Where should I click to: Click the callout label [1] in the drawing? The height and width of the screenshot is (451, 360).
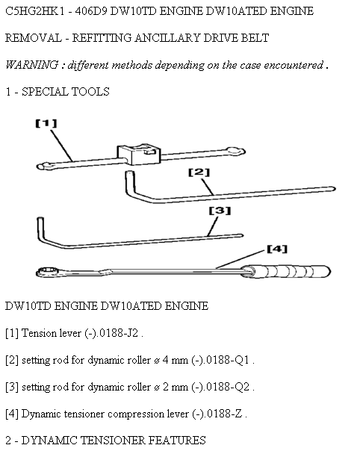click(46, 123)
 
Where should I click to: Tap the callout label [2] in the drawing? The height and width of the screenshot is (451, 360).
click(199, 172)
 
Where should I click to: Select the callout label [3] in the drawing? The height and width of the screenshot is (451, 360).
click(220, 211)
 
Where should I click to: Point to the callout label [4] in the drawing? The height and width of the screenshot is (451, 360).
click(277, 249)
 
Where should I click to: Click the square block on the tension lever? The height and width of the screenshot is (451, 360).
click(138, 154)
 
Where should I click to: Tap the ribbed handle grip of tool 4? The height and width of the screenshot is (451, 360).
click(287, 272)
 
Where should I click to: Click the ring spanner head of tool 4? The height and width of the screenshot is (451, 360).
click(47, 272)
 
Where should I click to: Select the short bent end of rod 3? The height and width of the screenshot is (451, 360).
click(40, 228)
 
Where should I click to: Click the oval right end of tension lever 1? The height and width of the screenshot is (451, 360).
click(235, 151)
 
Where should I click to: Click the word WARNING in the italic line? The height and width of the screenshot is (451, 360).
click(32, 65)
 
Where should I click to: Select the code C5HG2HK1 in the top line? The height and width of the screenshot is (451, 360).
click(34, 11)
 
